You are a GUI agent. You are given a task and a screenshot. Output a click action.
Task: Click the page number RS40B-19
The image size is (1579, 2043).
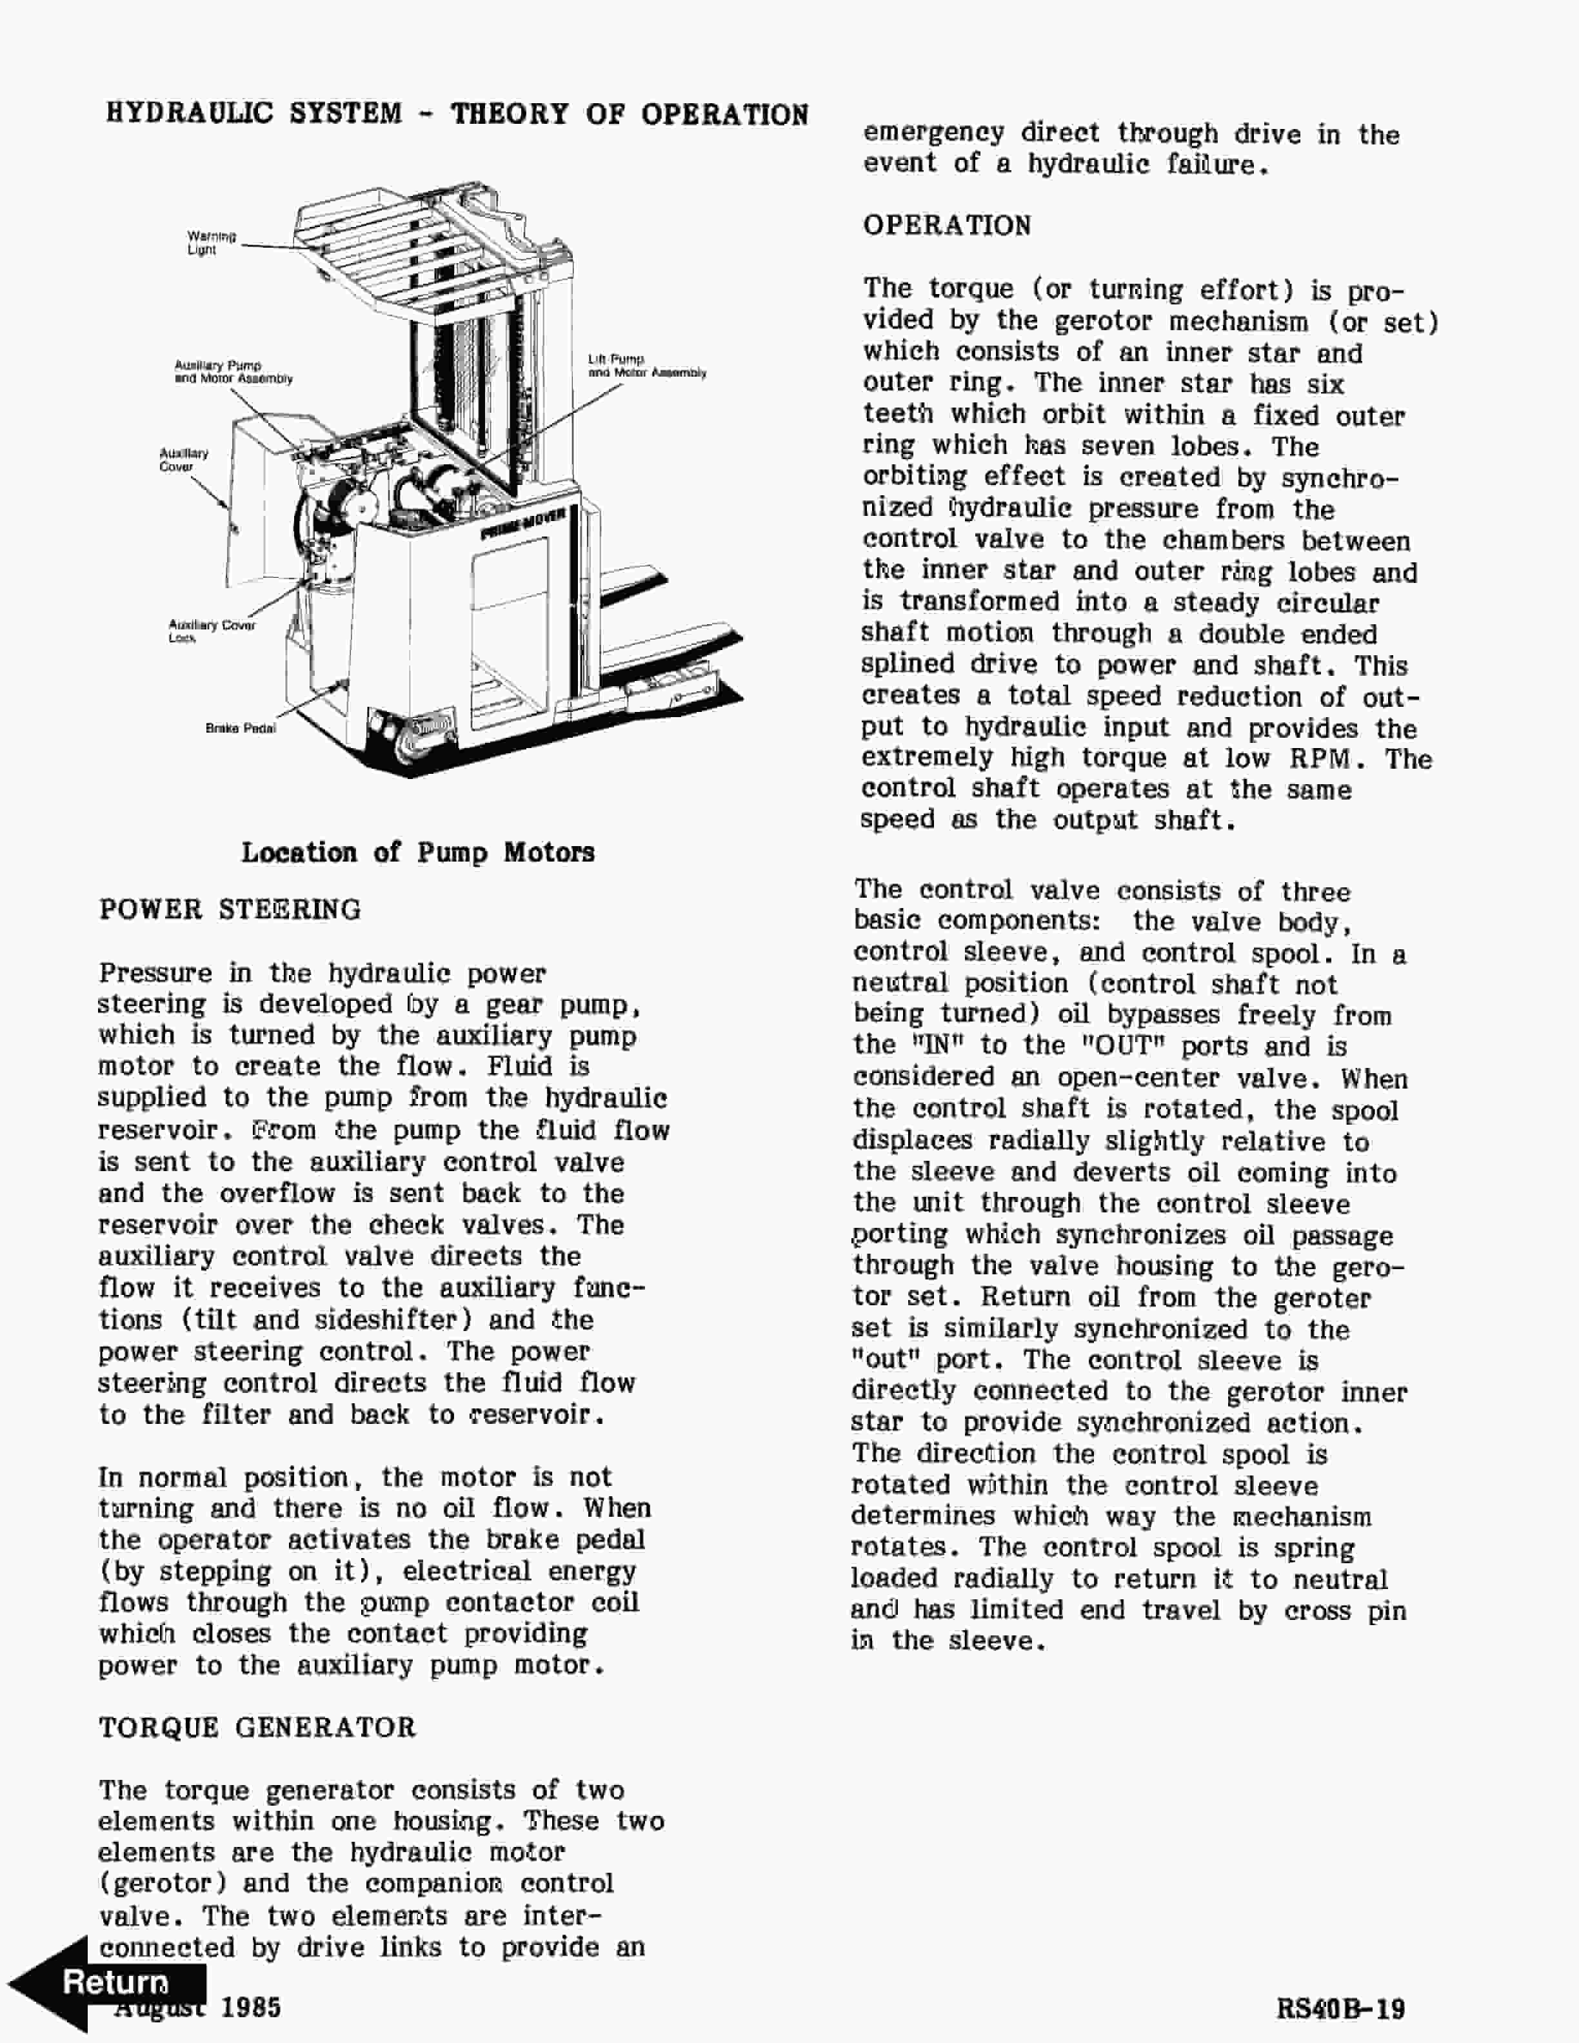(x=1340, y=2008)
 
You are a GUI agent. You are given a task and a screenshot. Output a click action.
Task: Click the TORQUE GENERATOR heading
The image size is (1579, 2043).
(x=257, y=1728)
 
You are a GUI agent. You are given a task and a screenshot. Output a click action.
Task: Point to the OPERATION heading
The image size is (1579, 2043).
(x=947, y=226)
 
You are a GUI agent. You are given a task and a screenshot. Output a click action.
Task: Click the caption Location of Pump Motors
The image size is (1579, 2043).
(x=417, y=852)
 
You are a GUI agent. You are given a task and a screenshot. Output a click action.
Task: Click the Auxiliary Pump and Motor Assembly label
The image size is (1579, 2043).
(x=232, y=371)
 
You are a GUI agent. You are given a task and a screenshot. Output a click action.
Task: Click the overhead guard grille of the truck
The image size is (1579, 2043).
(x=412, y=257)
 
